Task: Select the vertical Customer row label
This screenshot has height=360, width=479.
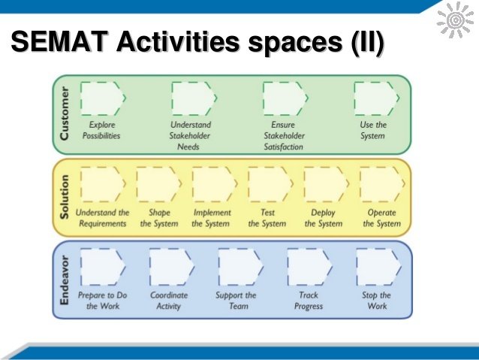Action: (x=67, y=113)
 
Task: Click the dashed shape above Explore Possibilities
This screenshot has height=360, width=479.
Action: (x=102, y=98)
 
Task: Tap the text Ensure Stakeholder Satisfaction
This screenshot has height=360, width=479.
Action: (x=284, y=136)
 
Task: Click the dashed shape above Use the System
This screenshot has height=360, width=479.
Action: (x=373, y=98)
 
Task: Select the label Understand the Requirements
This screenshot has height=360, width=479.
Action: (x=103, y=218)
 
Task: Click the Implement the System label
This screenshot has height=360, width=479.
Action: (x=212, y=218)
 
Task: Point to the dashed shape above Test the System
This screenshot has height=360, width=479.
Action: (x=269, y=184)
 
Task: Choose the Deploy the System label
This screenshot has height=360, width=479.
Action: (x=324, y=218)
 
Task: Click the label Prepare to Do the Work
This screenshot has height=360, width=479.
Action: (x=103, y=301)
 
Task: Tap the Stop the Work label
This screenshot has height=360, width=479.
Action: (x=375, y=301)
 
